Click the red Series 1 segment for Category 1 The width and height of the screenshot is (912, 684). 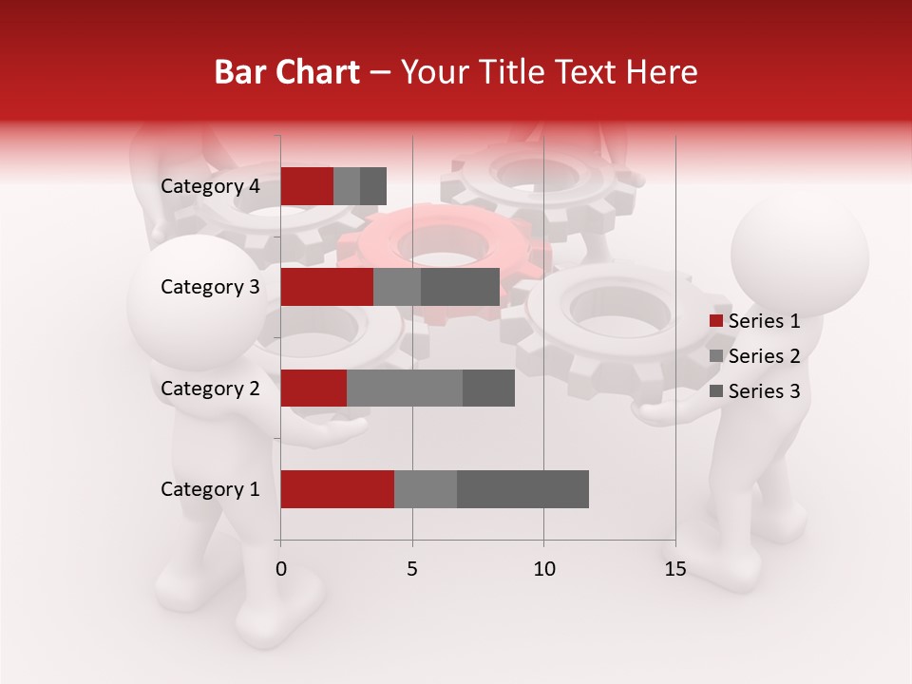(x=337, y=489)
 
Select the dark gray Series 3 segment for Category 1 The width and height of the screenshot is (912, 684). (x=522, y=489)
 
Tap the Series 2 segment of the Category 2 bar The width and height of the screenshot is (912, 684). (x=405, y=388)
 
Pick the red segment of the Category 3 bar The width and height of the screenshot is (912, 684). (x=327, y=287)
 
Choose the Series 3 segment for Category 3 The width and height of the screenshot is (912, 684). (x=460, y=287)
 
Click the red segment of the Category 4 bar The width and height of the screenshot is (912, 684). (x=307, y=186)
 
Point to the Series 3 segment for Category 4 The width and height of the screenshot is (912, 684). (x=373, y=186)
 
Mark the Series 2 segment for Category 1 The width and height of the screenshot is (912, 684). (x=426, y=489)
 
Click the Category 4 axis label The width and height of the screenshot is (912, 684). (x=210, y=186)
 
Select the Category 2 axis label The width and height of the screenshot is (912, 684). (x=210, y=388)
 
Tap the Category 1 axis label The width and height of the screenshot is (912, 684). (x=210, y=489)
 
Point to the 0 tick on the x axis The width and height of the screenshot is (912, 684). (x=281, y=569)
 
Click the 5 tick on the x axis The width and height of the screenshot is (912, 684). (x=412, y=569)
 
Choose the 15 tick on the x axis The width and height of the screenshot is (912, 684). (x=675, y=569)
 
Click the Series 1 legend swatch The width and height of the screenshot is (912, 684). (x=716, y=321)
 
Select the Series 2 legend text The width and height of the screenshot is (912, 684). (x=764, y=356)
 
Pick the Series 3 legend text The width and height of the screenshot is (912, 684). (x=764, y=391)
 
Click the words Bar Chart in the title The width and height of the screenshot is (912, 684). (x=287, y=72)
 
